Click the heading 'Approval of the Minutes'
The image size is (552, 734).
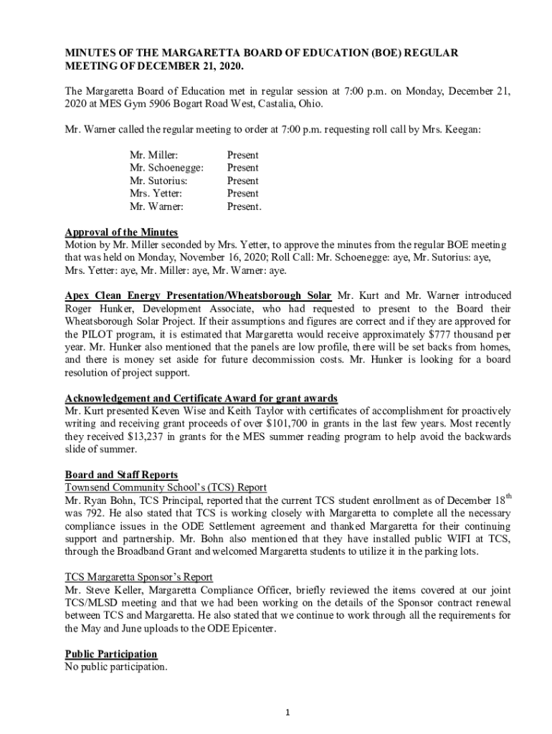tap(121, 232)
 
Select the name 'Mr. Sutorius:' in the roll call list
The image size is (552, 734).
tap(153, 181)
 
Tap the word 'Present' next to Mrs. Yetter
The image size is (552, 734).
tap(242, 194)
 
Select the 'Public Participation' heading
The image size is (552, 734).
tap(111, 654)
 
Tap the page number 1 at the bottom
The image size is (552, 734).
tap(286, 712)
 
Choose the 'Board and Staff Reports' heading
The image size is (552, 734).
tap(121, 475)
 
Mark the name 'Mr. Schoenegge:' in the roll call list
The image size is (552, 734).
tap(166, 168)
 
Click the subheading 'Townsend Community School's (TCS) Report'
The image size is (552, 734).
tap(166, 487)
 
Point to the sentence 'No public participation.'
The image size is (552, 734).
tap(116, 667)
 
